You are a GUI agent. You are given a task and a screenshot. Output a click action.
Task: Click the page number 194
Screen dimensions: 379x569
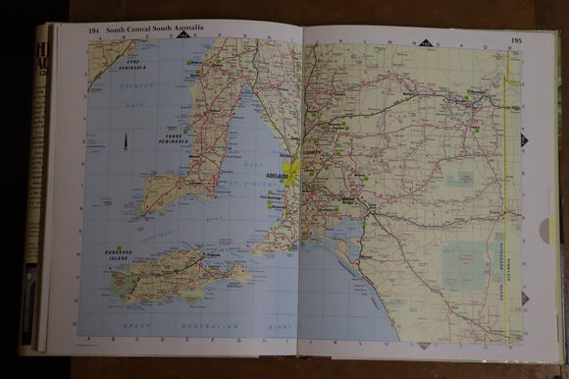coord(94,30)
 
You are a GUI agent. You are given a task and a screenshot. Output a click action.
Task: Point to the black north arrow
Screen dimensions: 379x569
coord(126,142)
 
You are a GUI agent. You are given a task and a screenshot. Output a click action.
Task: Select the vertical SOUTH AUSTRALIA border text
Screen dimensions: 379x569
coord(504,276)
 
